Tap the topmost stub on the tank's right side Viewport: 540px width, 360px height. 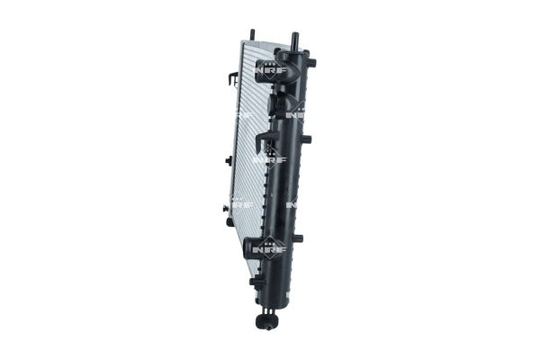pos(312,63)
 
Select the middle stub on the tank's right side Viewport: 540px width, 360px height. pos(306,139)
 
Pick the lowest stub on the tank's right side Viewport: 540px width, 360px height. pos(300,238)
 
